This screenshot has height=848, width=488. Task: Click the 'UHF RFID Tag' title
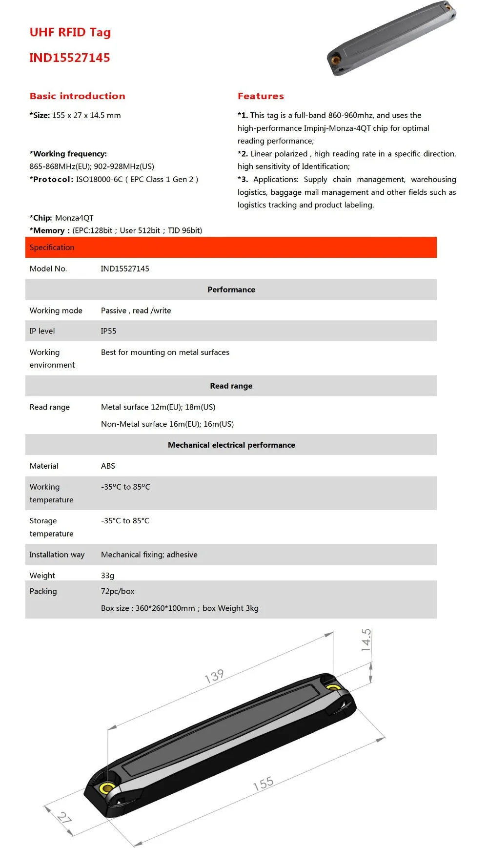pos(70,32)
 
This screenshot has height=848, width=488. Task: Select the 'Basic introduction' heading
pos(77,96)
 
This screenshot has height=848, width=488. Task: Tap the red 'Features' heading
pos(261,96)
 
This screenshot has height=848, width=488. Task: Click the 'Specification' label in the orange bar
pos(52,248)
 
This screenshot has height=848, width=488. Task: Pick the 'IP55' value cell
pos(108,331)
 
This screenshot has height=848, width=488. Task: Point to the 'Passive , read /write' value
pos(136,310)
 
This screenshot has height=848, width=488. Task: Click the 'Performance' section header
pos(231,290)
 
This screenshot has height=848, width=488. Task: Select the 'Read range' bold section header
pos(231,386)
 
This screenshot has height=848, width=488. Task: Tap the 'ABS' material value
pos(108,466)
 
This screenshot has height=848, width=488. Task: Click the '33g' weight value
pos(107,576)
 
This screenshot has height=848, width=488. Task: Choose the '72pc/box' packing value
pos(118,591)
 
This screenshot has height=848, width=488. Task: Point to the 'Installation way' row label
pos(57,555)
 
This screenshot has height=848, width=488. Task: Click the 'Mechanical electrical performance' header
pos(231,445)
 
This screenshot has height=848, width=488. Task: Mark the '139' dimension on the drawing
pos(214,676)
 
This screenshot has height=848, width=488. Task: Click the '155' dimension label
pos(263,784)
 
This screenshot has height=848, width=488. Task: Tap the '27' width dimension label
pos(64,817)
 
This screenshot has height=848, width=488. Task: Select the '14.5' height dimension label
pos(366,640)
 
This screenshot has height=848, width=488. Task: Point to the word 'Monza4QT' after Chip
pos(74,218)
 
